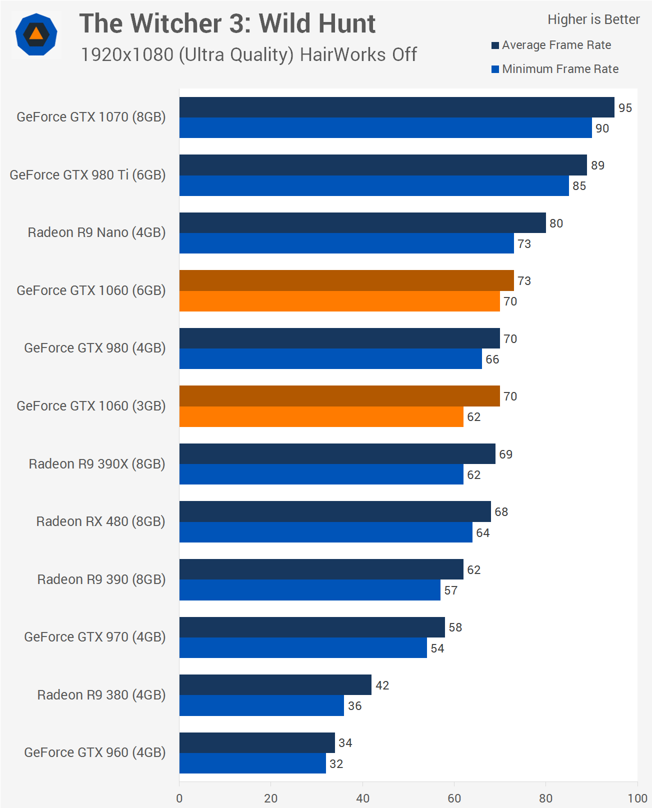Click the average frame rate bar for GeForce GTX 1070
click(396, 107)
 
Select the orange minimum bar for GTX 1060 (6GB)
click(339, 301)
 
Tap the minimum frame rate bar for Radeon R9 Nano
click(346, 243)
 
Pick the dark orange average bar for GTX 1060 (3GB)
click(339, 396)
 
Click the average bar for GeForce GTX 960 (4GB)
click(257, 742)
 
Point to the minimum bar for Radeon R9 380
click(261, 705)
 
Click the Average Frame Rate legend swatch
click(495, 45)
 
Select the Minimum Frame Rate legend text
click(560, 69)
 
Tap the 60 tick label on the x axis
click(454, 798)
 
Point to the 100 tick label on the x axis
click(637, 798)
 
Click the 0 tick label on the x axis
click(179, 798)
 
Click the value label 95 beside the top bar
click(625, 108)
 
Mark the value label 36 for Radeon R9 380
click(354, 706)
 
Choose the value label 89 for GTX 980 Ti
click(597, 165)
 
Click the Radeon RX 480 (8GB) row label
click(100, 521)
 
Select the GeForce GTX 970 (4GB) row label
click(94, 637)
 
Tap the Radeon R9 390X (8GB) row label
click(97, 464)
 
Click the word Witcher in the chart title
click(192, 23)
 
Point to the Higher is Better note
click(593, 19)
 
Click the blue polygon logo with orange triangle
click(36, 34)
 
